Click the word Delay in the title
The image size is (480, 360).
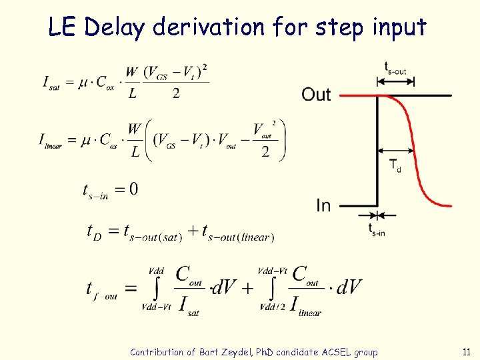116,27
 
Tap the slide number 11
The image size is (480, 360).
465,352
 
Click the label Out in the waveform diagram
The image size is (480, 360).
316,95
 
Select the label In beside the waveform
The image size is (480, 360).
323,206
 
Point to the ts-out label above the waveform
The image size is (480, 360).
395,67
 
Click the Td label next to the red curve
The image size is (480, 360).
395,165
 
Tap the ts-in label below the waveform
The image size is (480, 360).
377,230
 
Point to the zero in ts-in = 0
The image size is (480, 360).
133,189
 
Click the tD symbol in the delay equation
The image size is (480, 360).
95,232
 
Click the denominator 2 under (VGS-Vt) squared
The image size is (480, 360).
176,94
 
